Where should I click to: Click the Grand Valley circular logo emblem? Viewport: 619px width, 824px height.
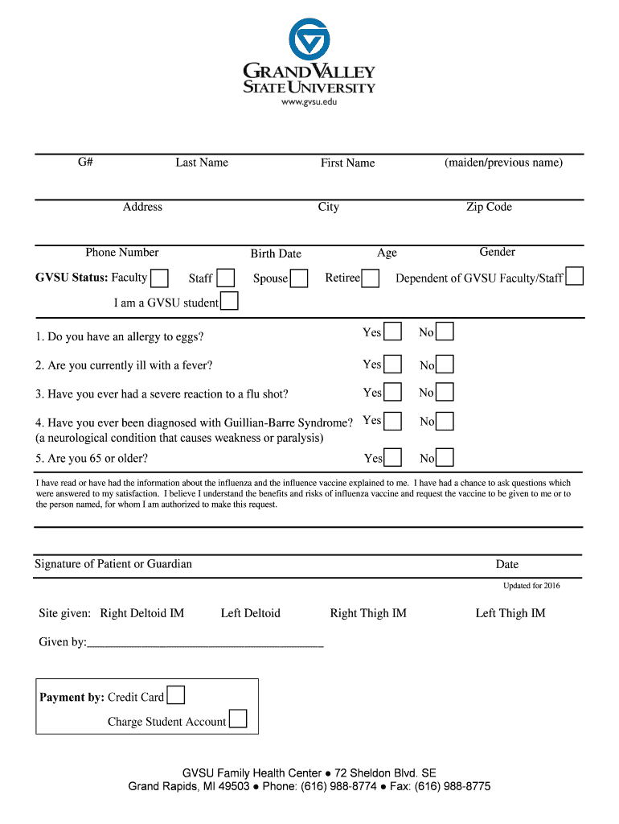(309, 39)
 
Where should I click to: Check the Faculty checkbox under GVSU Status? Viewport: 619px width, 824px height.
(160, 278)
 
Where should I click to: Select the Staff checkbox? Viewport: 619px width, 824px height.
(226, 278)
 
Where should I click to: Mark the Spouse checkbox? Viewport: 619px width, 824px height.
(299, 279)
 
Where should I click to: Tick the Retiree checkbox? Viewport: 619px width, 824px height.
(371, 279)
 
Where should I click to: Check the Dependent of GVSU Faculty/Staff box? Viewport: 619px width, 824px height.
(574, 277)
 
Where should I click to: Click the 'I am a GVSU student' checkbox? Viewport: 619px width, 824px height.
(229, 302)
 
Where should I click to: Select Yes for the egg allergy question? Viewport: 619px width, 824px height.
(392, 332)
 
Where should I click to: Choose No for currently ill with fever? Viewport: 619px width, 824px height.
(445, 365)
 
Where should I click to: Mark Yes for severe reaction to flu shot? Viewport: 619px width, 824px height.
(392, 393)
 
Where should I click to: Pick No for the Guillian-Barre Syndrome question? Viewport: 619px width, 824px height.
(445, 422)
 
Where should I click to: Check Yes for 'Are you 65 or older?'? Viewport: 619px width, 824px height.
(392, 458)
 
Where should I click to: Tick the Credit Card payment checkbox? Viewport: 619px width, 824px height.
(175, 695)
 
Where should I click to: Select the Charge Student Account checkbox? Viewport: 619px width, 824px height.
(238, 719)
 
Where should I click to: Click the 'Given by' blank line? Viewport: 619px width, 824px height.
(205, 643)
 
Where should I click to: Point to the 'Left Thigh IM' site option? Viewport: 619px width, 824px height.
(510, 613)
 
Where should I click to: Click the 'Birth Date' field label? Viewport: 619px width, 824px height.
(276, 253)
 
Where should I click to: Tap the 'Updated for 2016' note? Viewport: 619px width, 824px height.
(531, 586)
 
